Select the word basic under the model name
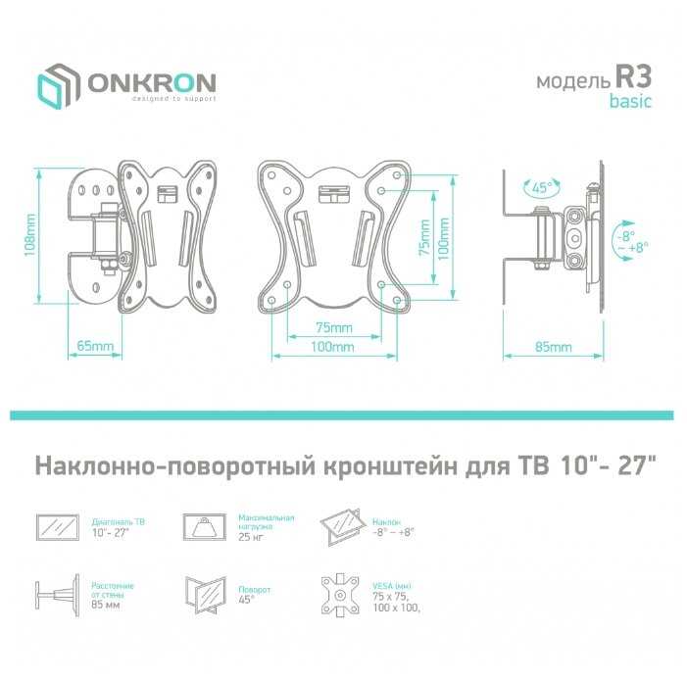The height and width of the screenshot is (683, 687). tap(628, 102)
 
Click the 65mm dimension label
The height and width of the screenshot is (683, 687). tap(93, 347)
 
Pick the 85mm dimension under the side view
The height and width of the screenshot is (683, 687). tap(553, 347)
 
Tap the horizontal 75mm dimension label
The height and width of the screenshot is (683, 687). tap(333, 328)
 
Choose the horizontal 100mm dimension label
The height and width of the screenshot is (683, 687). tap(333, 347)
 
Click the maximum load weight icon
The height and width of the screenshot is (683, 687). tap(206, 526)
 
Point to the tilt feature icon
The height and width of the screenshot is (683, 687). tap(343, 527)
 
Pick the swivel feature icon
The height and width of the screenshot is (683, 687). tap(206, 593)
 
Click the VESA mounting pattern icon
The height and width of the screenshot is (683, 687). tap(343, 593)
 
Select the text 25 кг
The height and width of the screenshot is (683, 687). tap(250, 538)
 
